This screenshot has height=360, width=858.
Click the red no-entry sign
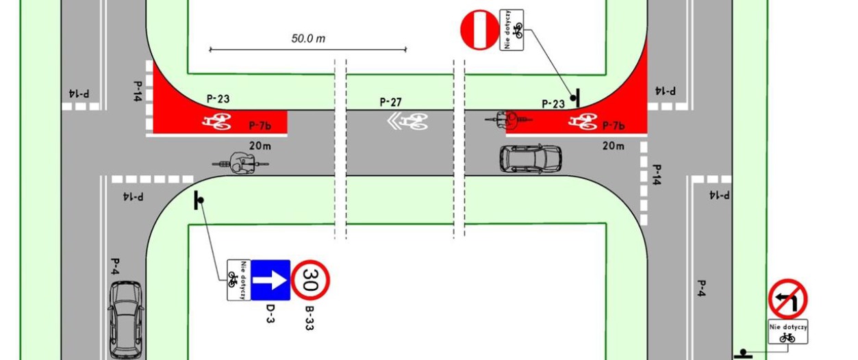coord(480,29)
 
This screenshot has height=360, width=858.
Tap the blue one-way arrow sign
coord(270,279)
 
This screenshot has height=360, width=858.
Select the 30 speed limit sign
coord(311,279)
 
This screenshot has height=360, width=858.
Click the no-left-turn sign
coord(787,298)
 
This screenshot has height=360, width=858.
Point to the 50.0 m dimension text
coord(308,38)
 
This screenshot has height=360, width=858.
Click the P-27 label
coord(391,103)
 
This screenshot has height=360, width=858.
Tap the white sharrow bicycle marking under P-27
coord(409,122)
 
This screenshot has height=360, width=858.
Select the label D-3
coord(270,313)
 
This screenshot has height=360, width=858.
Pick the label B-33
coord(310,317)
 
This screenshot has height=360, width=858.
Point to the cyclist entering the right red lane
coord(509,120)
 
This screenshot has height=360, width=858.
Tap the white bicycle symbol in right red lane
coord(583,122)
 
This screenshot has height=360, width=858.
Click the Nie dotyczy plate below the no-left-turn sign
coord(787,332)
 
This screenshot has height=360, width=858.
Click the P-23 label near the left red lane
coord(218,99)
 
